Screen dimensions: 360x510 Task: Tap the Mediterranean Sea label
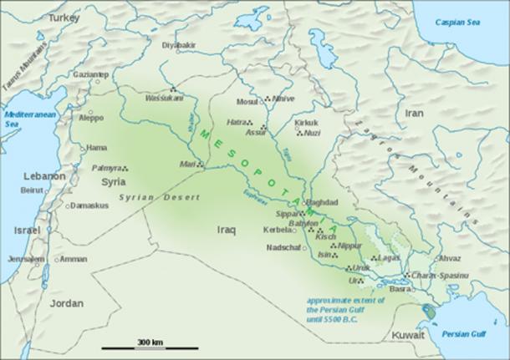[24, 117]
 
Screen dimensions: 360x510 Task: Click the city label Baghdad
[321, 203]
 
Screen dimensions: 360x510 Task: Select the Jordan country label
[67, 304]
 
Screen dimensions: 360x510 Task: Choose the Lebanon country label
[43, 176]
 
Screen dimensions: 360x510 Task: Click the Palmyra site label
[106, 168]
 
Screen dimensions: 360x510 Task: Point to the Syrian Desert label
[160, 197]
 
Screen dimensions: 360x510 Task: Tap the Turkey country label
[64, 17]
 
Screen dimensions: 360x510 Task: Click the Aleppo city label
[91, 118]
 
